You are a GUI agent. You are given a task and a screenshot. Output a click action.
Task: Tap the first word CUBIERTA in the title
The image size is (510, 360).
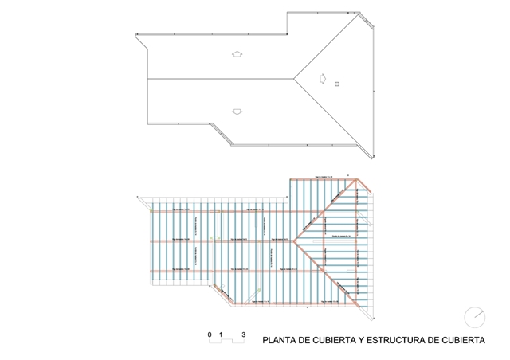pos(336,339)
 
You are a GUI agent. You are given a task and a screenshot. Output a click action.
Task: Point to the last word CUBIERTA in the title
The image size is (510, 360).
pos(463,339)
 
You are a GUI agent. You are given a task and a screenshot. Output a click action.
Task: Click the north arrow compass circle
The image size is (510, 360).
pos(475,316)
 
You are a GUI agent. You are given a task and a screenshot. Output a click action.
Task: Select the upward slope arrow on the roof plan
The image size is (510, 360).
pos(237,54)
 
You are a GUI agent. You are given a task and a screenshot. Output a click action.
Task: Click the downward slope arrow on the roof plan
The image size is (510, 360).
pos(236,111)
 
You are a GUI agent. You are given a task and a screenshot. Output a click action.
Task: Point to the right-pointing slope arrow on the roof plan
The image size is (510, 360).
pos(321,78)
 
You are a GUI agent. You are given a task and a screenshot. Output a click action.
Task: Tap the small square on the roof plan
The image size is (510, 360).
pos(337,83)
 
